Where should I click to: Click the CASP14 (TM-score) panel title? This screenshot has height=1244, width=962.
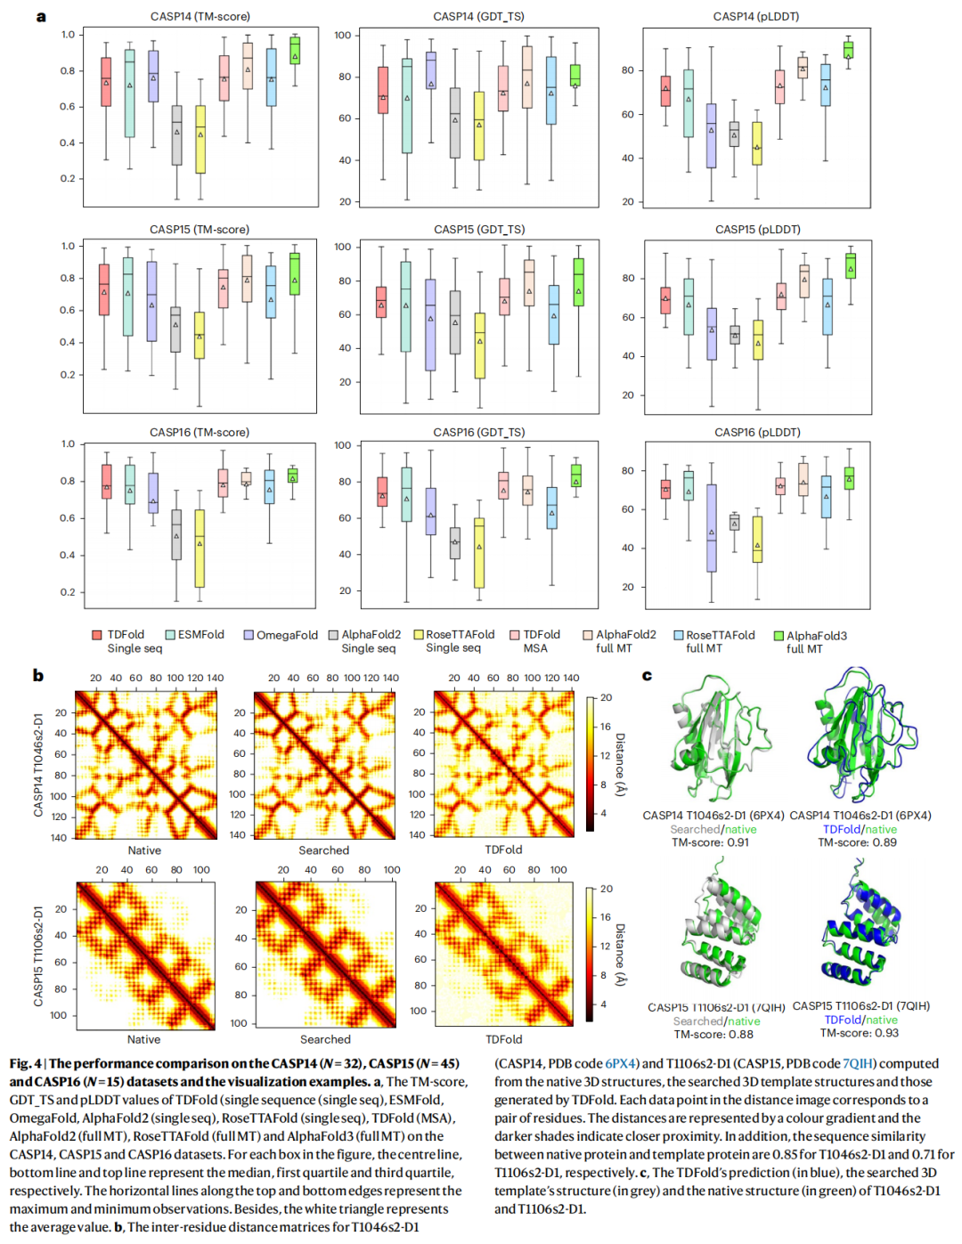(200, 16)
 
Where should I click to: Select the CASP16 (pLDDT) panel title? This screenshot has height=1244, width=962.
(757, 432)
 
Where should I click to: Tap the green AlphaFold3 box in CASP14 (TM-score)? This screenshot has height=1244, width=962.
(295, 51)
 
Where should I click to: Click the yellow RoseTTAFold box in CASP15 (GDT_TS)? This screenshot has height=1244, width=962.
(480, 346)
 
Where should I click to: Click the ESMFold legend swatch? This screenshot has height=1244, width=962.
(170, 635)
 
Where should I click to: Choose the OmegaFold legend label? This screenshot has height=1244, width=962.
(287, 635)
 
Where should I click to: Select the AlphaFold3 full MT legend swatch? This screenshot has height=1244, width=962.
(779, 636)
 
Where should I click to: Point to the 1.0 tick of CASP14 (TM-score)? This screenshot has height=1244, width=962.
(68, 35)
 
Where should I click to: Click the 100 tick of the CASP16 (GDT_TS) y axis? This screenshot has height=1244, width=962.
(343, 445)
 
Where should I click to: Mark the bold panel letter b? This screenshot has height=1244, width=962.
(38, 675)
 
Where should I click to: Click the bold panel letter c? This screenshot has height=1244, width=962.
(647, 675)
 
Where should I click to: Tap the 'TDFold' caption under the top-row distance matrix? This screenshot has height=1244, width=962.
(503, 850)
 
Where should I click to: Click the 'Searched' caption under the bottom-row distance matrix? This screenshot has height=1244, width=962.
(325, 1039)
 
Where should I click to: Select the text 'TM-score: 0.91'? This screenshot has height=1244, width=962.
(710, 842)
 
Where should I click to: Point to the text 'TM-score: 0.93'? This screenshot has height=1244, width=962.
(859, 1033)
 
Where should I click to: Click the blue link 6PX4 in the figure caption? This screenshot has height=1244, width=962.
(621, 1063)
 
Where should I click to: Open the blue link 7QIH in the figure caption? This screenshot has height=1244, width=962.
(859, 1063)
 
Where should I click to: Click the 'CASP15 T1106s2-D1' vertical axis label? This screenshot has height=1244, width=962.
(38, 956)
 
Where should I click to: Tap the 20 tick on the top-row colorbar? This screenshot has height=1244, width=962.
(606, 697)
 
